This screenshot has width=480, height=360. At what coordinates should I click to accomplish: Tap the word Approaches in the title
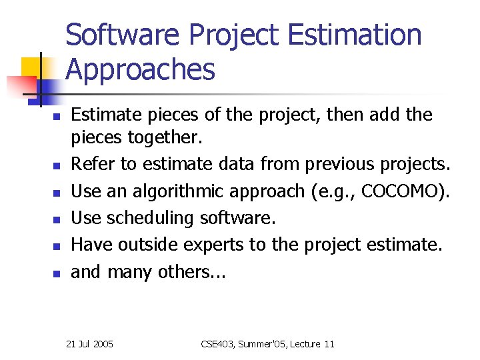141,69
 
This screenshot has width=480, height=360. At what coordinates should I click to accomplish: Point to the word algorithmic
169,191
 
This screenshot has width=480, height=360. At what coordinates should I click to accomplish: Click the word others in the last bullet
191,272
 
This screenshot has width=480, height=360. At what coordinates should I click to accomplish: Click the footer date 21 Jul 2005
90,344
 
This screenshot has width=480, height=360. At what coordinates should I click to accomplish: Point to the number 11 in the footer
328,344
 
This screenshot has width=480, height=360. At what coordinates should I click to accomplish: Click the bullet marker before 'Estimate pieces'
57,116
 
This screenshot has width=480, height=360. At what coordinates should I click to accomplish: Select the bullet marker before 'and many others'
57,273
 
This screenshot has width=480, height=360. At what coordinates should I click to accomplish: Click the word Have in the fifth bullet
91,245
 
